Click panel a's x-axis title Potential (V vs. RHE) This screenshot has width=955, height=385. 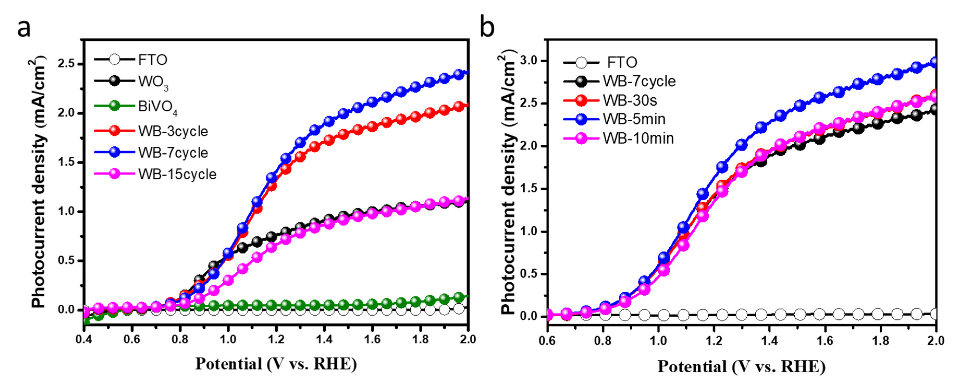click(276, 364)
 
